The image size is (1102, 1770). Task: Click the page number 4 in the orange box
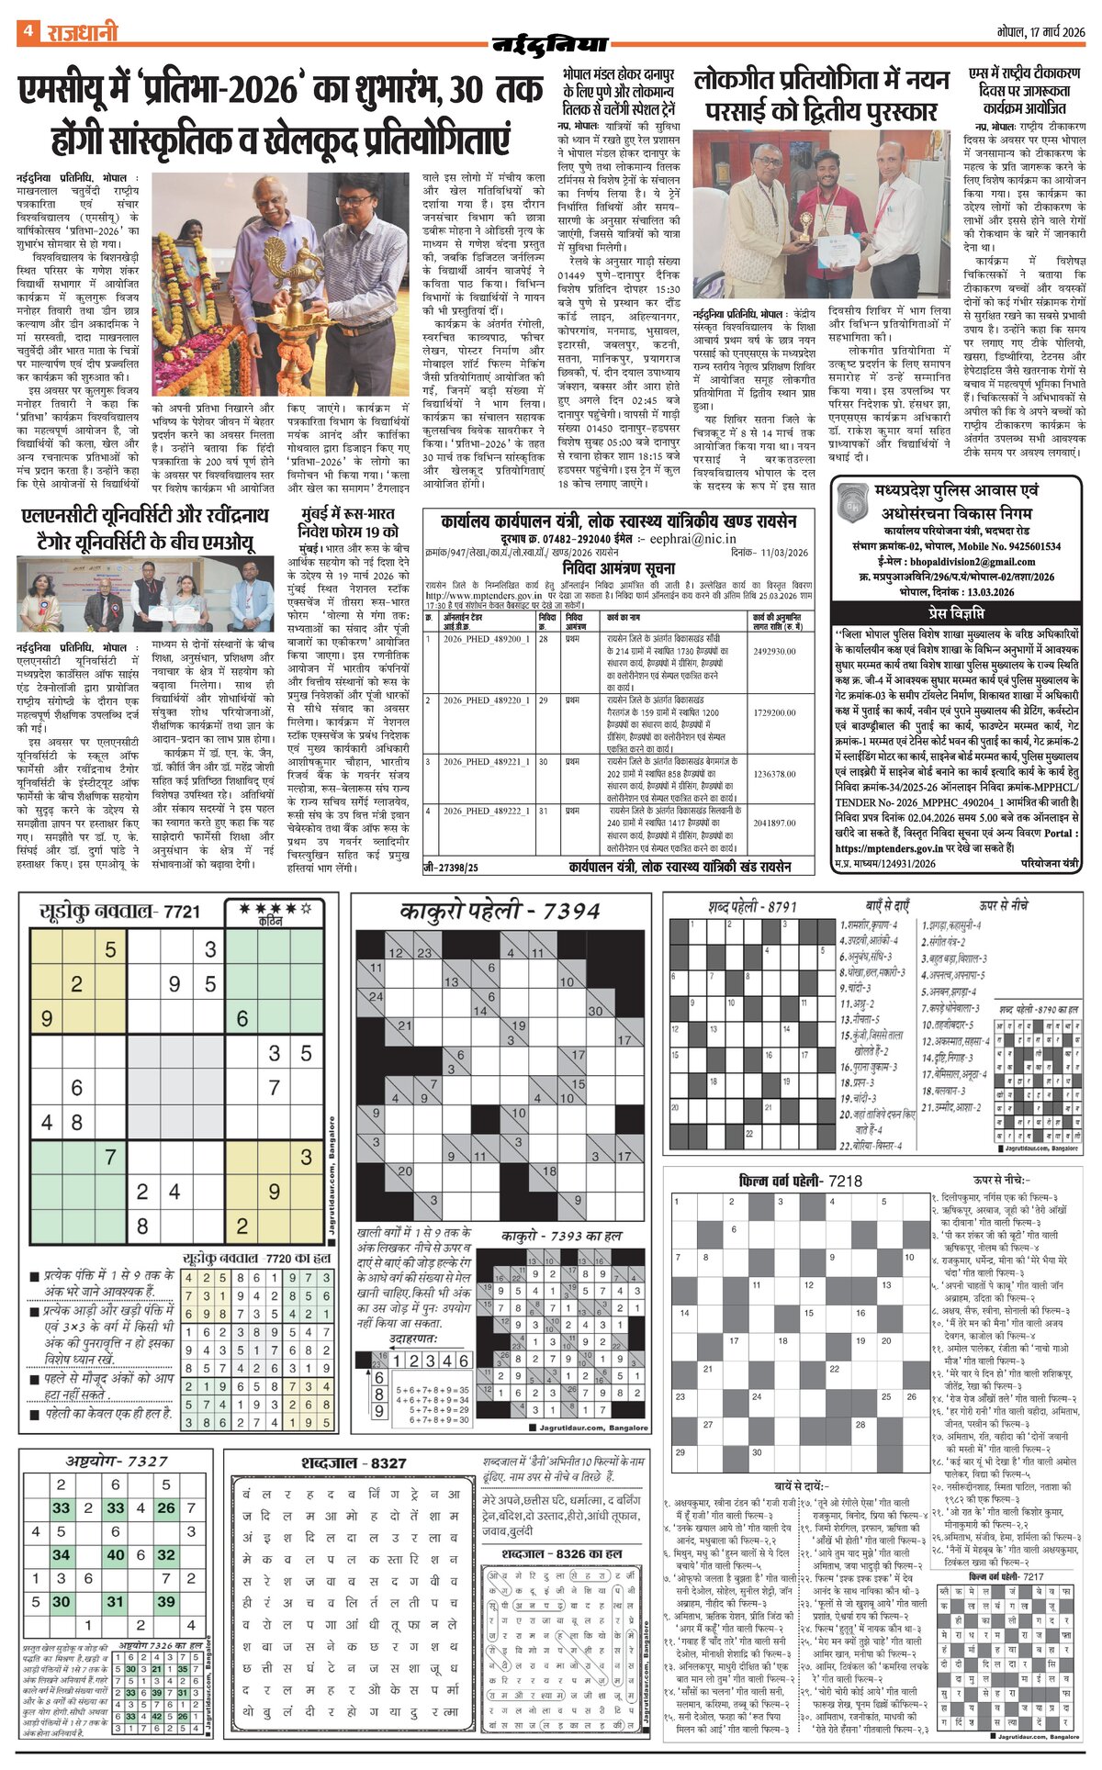point(28,31)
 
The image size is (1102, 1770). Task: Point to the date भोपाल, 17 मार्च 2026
point(1040,32)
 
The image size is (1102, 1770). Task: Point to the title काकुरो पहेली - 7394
point(500,912)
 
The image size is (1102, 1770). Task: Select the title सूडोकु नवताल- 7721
point(119,912)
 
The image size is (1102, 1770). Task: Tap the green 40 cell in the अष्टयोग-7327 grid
point(116,1554)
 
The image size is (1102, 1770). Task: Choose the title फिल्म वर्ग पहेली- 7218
point(800,1181)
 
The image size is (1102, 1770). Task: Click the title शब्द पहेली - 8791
point(752,907)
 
